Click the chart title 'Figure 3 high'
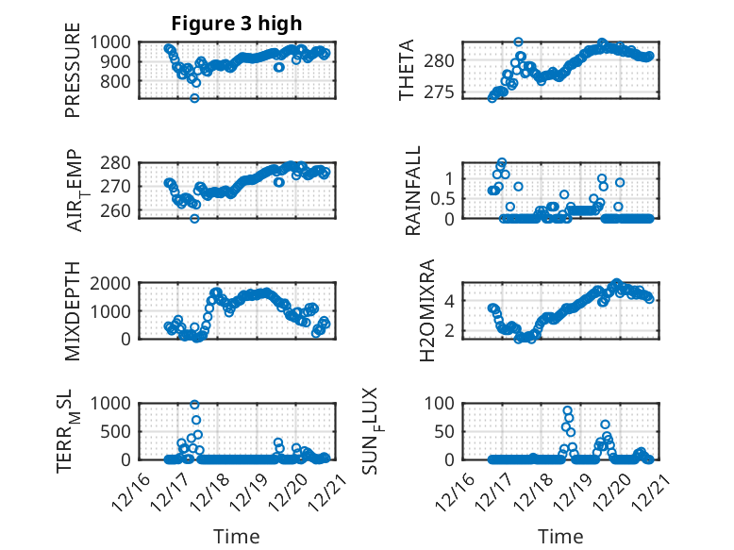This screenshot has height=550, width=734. tap(237, 24)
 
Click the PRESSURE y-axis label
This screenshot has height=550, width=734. tap(73, 76)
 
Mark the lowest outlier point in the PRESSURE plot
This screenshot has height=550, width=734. tap(194, 98)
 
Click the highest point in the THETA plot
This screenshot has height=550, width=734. tap(518, 42)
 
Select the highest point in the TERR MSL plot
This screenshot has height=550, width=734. tap(195, 405)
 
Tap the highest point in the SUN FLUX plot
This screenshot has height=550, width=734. tap(567, 410)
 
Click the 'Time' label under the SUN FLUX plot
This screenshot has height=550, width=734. tap(560, 537)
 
